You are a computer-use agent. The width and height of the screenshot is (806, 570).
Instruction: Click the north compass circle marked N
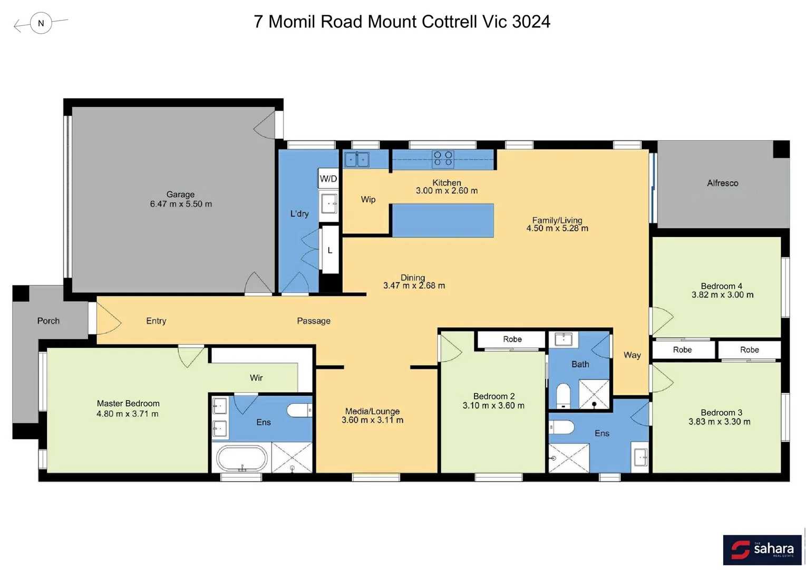point(41,23)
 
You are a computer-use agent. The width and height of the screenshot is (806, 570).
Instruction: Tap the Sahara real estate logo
point(762,549)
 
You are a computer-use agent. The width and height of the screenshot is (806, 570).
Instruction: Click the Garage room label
point(180,194)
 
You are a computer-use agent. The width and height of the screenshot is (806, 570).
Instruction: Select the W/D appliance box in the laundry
point(328,178)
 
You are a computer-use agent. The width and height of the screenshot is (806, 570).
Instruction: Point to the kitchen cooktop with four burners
point(442,158)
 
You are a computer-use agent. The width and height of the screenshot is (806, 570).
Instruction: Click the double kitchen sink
point(357,159)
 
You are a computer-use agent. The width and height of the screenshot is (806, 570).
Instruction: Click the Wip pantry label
point(368,199)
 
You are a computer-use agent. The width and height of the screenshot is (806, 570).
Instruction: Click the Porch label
point(48,321)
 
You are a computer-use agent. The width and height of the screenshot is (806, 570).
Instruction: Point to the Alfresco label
point(722,183)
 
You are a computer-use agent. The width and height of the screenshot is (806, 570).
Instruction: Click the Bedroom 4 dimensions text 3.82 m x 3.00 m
point(722,295)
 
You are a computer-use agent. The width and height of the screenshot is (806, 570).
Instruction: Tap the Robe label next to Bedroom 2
point(512,339)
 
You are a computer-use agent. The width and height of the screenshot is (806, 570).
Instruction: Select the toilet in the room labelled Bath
point(564,395)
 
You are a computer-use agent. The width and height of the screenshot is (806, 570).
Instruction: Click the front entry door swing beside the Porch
point(108,321)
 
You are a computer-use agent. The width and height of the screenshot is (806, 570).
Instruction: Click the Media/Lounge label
point(372,411)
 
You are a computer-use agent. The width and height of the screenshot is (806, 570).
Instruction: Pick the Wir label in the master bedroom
point(256,378)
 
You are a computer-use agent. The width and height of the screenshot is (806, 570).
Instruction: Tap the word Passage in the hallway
point(314,321)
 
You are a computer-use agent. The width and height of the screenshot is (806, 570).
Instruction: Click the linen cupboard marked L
point(330,250)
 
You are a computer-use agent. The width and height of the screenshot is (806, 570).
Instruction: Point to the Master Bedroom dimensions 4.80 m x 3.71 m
point(128,414)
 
